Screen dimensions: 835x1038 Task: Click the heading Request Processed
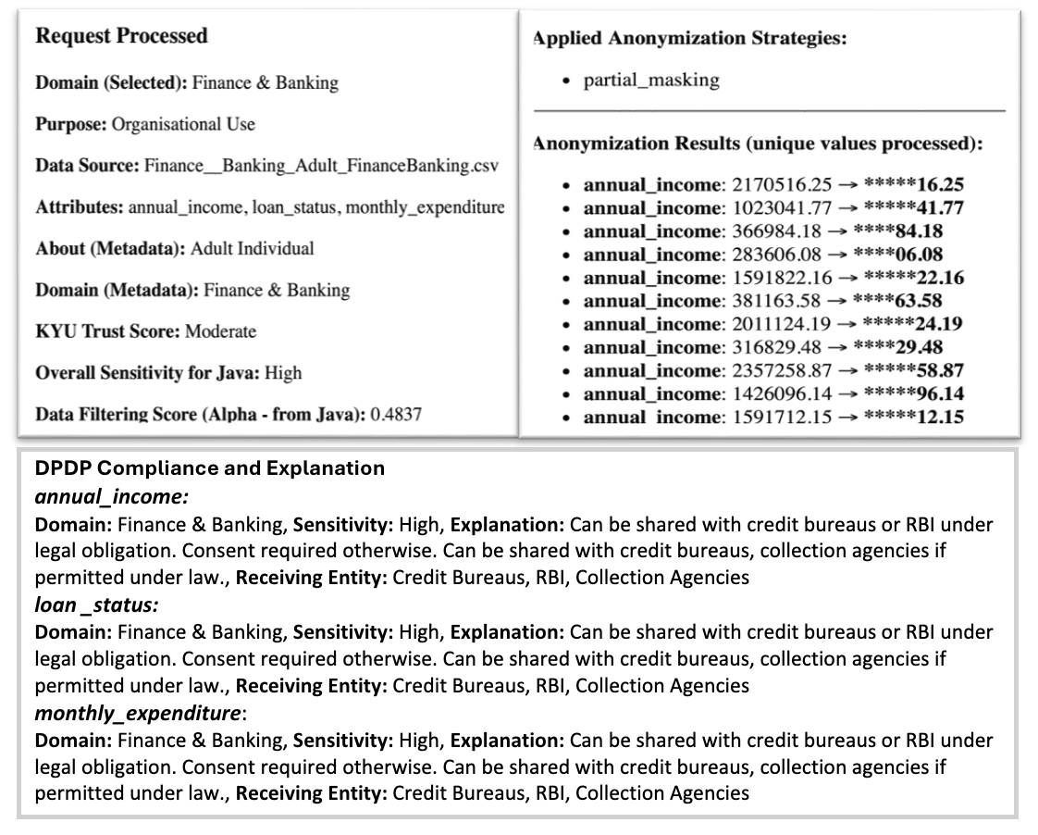(x=121, y=36)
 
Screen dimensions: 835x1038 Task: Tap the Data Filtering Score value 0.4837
(x=395, y=414)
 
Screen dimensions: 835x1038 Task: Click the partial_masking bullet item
(x=650, y=80)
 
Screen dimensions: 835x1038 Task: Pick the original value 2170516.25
(x=782, y=185)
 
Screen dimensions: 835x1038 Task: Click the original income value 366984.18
(x=776, y=231)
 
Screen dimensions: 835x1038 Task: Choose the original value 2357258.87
(x=782, y=370)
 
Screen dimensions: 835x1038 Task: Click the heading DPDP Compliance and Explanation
(x=209, y=468)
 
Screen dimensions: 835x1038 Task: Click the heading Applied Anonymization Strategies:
(x=689, y=39)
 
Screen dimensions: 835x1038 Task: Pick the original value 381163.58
(x=776, y=301)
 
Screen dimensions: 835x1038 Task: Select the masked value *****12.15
(x=912, y=417)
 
